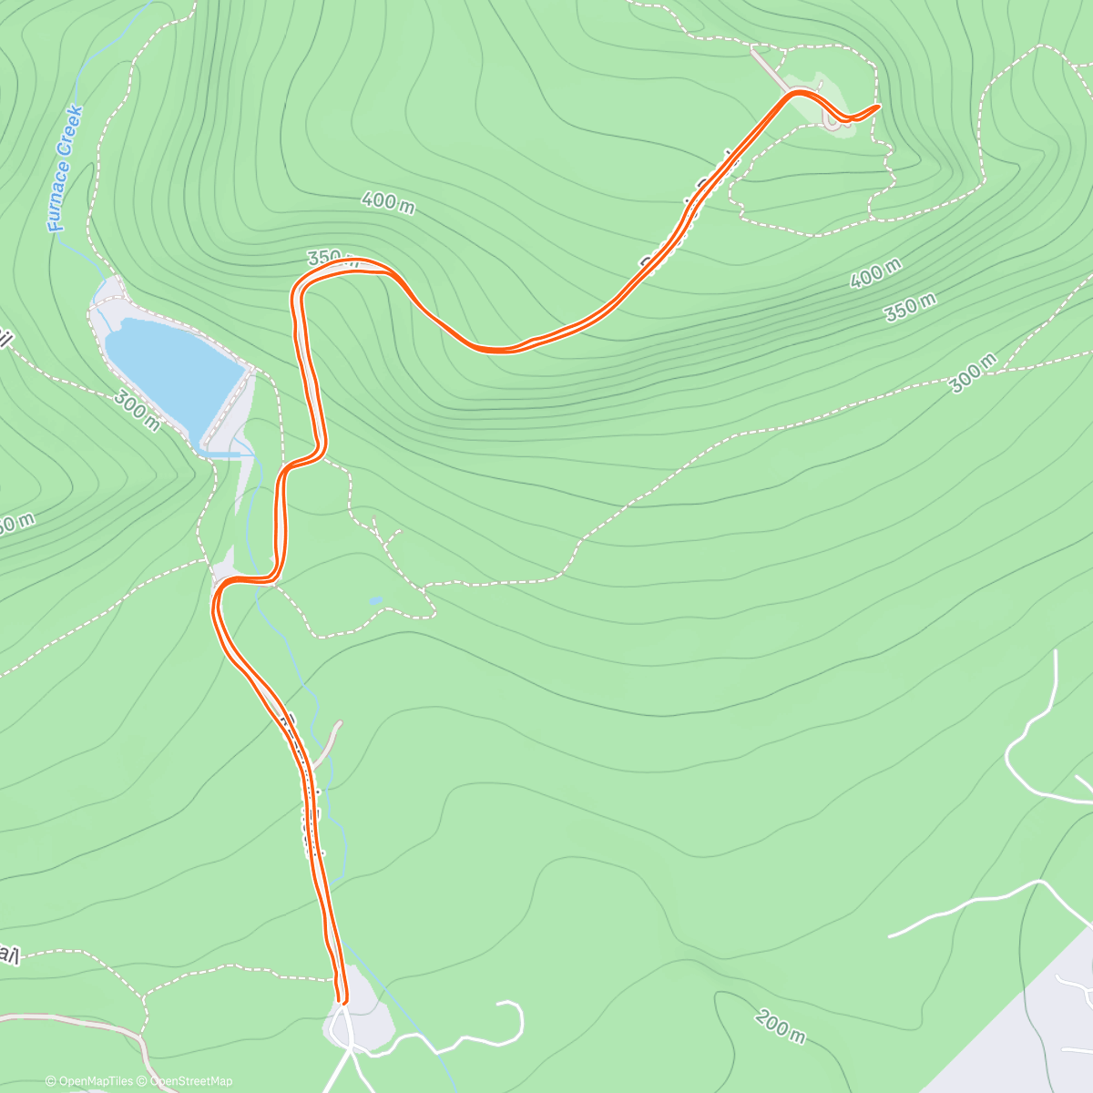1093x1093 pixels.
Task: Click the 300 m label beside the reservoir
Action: (x=137, y=411)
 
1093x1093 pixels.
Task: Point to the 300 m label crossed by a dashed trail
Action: (x=971, y=374)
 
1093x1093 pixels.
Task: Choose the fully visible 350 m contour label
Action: (x=908, y=307)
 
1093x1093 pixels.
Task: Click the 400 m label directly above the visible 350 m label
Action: (x=875, y=273)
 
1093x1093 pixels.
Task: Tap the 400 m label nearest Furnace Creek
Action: (x=389, y=202)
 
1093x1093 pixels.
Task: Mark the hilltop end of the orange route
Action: (x=876, y=107)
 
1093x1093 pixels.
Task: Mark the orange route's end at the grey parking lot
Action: (x=342, y=1000)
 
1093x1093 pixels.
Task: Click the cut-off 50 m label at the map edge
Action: (x=16, y=524)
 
